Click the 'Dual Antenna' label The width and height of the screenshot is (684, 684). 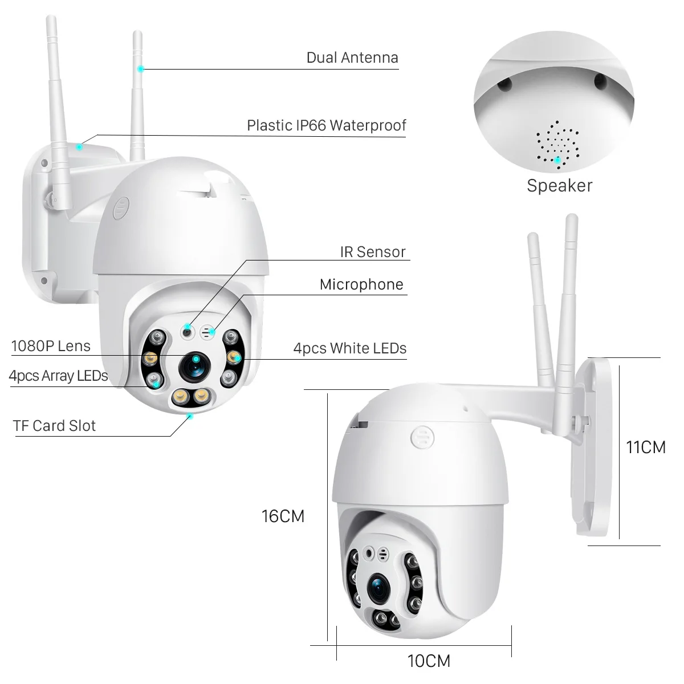pyautogui.click(x=352, y=58)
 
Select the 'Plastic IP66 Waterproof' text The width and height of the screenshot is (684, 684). pyautogui.click(x=326, y=125)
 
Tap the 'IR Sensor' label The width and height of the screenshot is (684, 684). pyautogui.click(x=372, y=252)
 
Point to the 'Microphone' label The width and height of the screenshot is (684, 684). pyautogui.click(x=361, y=284)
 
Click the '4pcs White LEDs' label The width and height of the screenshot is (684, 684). pyautogui.click(x=349, y=348)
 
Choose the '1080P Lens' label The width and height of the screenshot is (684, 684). pyautogui.click(x=51, y=346)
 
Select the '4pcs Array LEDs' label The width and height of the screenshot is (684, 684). pyautogui.click(x=58, y=376)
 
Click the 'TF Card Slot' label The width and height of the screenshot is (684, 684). pyautogui.click(x=54, y=426)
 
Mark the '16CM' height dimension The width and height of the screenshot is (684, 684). pyautogui.click(x=283, y=516)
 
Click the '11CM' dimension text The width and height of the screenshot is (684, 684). pyautogui.click(x=645, y=447)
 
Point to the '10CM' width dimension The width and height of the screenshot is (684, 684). pyautogui.click(x=429, y=661)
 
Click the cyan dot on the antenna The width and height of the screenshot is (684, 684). pyautogui.click(x=140, y=68)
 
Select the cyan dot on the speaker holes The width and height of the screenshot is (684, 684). pyautogui.click(x=557, y=160)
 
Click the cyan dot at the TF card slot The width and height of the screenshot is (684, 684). pyautogui.click(x=190, y=416)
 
